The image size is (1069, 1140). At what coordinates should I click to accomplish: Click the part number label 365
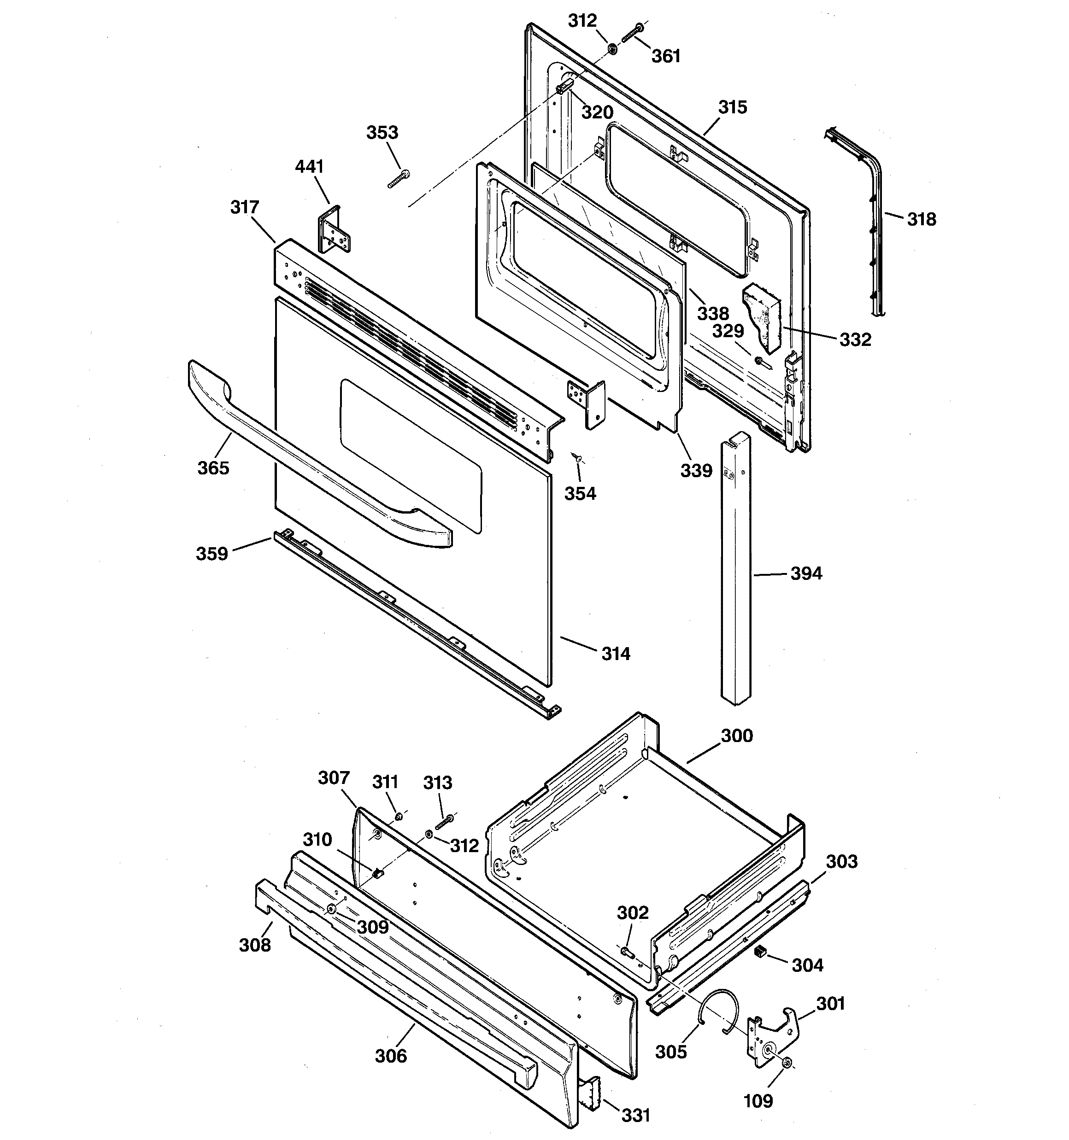[213, 468]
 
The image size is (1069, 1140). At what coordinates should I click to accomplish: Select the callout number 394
[806, 573]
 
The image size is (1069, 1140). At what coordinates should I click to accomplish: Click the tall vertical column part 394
[735, 573]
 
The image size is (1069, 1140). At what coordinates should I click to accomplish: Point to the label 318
[921, 219]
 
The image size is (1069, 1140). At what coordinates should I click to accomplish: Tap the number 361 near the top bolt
[666, 56]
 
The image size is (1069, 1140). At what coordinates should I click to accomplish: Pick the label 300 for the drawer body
[736, 735]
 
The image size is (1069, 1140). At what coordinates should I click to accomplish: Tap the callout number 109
[758, 1100]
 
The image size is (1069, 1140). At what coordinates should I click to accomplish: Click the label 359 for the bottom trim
[212, 554]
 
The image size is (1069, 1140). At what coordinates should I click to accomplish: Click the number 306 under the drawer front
[391, 1056]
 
